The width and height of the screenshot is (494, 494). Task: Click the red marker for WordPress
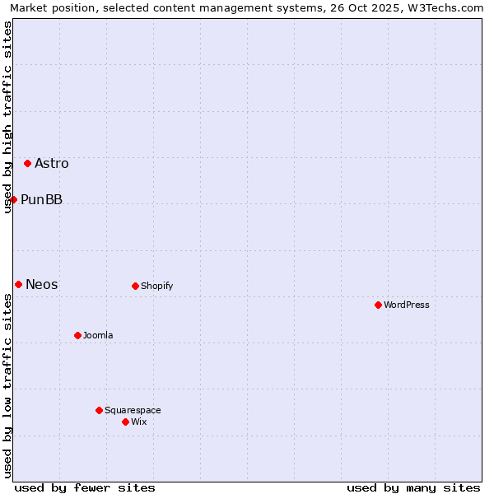(x=378, y=305)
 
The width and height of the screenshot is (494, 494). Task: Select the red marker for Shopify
(x=135, y=286)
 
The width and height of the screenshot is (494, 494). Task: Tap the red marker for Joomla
(x=77, y=335)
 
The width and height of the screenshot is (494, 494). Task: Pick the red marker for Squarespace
(x=99, y=410)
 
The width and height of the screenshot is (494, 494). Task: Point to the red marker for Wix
(x=125, y=422)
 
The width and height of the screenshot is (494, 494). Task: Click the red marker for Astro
(x=27, y=163)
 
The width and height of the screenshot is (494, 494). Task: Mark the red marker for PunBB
(x=13, y=199)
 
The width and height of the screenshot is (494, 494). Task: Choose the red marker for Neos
(x=18, y=284)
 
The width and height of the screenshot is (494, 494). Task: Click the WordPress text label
(x=407, y=305)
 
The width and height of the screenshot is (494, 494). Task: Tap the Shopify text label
(x=156, y=286)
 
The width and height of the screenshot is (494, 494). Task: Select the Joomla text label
(x=98, y=335)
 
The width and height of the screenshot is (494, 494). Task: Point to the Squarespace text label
(x=133, y=410)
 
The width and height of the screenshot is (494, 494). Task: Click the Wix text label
(x=138, y=422)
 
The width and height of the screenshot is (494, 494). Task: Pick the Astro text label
(x=52, y=163)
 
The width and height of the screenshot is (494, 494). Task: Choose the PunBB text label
(x=41, y=199)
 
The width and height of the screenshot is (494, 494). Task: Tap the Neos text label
(x=42, y=284)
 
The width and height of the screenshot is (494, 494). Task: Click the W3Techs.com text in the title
(x=448, y=7)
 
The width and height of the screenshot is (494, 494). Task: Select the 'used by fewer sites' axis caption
(x=85, y=487)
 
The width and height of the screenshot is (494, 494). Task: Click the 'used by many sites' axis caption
(x=413, y=487)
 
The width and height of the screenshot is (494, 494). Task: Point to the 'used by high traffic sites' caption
(x=7, y=117)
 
